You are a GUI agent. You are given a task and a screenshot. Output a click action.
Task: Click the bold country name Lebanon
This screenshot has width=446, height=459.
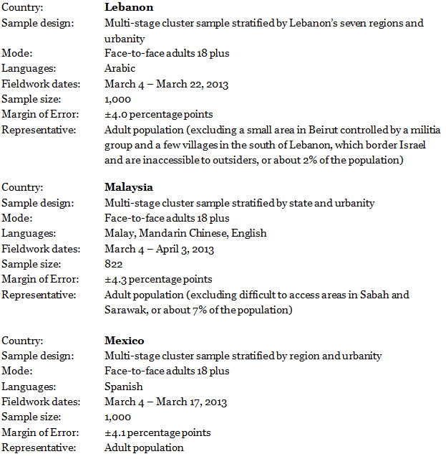(x=129, y=7)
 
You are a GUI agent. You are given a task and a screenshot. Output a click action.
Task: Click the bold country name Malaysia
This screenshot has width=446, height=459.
(x=129, y=187)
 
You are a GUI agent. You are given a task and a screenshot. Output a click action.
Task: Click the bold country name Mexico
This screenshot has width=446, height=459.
(x=125, y=341)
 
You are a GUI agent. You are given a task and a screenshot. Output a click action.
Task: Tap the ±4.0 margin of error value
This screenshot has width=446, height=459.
(x=116, y=114)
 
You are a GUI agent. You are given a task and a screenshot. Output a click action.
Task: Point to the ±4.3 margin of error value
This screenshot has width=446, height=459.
(x=116, y=279)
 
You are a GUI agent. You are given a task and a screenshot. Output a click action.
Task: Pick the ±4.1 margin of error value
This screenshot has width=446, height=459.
(x=116, y=432)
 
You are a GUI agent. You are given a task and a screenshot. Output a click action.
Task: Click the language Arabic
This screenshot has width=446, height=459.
(x=120, y=69)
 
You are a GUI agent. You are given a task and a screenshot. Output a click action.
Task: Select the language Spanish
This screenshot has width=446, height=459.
(x=123, y=387)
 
